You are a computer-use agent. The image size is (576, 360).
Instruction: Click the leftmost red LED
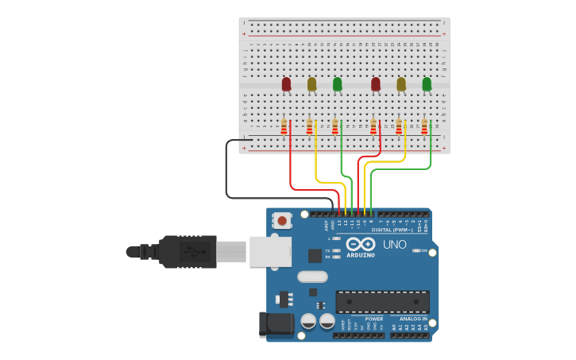click(x=286, y=83)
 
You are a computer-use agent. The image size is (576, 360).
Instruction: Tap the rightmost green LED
click(x=427, y=83)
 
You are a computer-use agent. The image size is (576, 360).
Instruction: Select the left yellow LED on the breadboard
click(x=311, y=83)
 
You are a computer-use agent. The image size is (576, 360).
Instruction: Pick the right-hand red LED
click(x=376, y=83)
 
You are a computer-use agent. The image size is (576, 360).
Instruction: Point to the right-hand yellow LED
click(x=401, y=83)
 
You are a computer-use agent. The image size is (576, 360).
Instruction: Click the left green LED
click(x=337, y=83)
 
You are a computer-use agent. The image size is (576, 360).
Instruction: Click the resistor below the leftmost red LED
click(x=284, y=126)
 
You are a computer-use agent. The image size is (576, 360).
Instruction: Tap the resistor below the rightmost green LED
click(x=424, y=126)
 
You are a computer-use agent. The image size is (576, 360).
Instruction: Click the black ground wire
click(x=226, y=171)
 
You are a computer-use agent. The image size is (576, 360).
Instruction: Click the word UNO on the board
click(x=395, y=244)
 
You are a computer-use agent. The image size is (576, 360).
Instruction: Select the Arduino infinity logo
click(x=360, y=244)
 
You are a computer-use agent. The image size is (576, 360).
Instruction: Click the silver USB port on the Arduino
click(x=270, y=251)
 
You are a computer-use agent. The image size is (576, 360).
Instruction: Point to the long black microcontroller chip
click(x=382, y=302)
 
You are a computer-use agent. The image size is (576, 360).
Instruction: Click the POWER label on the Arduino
click(x=373, y=319)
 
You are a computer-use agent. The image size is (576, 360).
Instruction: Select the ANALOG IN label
click(x=412, y=319)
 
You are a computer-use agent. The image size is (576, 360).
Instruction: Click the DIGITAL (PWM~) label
click(x=392, y=230)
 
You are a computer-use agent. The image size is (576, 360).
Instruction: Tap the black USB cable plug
click(x=187, y=252)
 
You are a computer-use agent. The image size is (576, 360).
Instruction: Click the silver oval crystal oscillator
click(x=312, y=277)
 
